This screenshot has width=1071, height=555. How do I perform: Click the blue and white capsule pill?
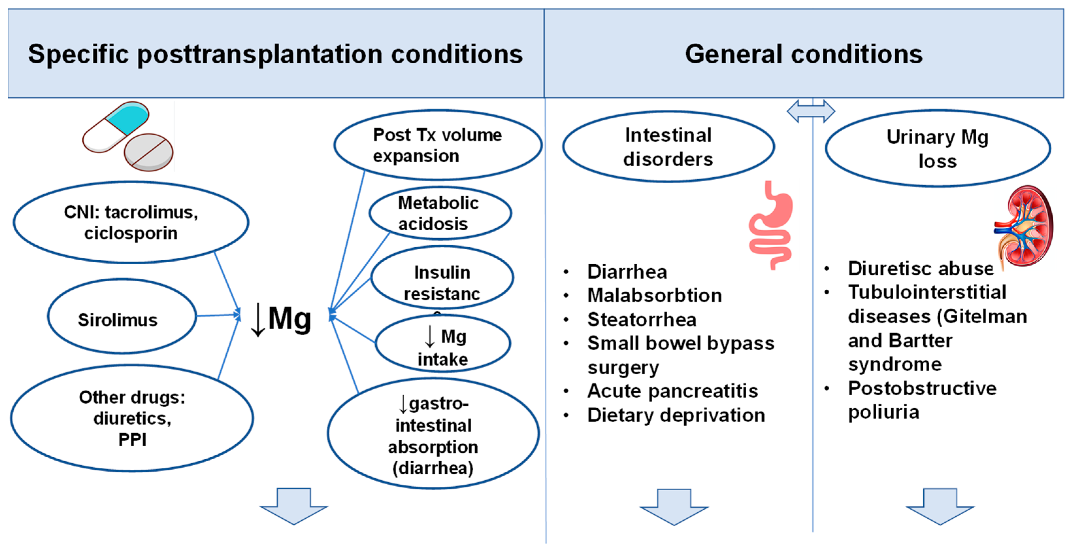116,127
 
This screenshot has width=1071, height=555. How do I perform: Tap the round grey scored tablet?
148,152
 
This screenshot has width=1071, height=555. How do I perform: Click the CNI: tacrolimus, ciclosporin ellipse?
131,222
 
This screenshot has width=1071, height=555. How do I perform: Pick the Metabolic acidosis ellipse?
440,213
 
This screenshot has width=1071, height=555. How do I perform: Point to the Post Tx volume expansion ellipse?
437,145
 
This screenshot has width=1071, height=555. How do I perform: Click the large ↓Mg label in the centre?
282,319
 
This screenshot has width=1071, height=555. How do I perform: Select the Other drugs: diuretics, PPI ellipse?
132,418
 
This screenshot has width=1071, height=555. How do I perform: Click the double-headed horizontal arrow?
810,111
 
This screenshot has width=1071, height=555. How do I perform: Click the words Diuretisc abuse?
920,269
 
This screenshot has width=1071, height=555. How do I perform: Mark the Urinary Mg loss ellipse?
937,148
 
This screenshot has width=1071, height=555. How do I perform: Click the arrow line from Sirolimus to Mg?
218,316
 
